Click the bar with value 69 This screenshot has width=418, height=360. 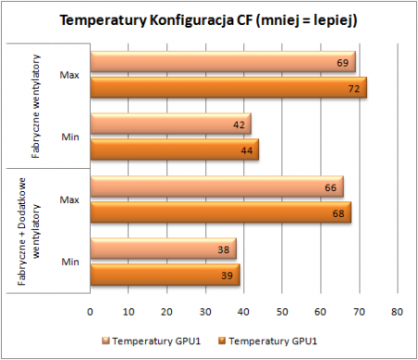(x=223, y=62)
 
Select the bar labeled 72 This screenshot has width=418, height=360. (x=229, y=87)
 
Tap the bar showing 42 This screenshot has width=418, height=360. (x=171, y=123)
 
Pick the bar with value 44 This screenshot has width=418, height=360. (x=175, y=149)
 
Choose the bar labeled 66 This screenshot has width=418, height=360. (x=216, y=186)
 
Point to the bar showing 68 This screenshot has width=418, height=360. (x=221, y=212)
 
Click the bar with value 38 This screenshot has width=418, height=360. (x=163, y=249)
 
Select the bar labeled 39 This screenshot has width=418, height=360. (x=165, y=275)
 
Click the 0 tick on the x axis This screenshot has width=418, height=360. (x=90, y=312)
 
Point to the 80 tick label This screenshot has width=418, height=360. (x=397, y=312)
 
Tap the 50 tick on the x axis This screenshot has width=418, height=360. (x=282, y=312)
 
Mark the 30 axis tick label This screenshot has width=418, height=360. (x=205, y=312)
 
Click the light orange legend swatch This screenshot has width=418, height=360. (x=106, y=341)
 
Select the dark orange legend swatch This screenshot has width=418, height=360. (x=222, y=341)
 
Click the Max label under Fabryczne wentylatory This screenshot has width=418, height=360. (x=70, y=75)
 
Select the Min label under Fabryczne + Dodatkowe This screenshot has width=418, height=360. (x=71, y=262)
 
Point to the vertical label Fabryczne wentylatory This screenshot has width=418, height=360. (x=36, y=107)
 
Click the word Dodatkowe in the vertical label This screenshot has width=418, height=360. (x=21, y=201)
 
